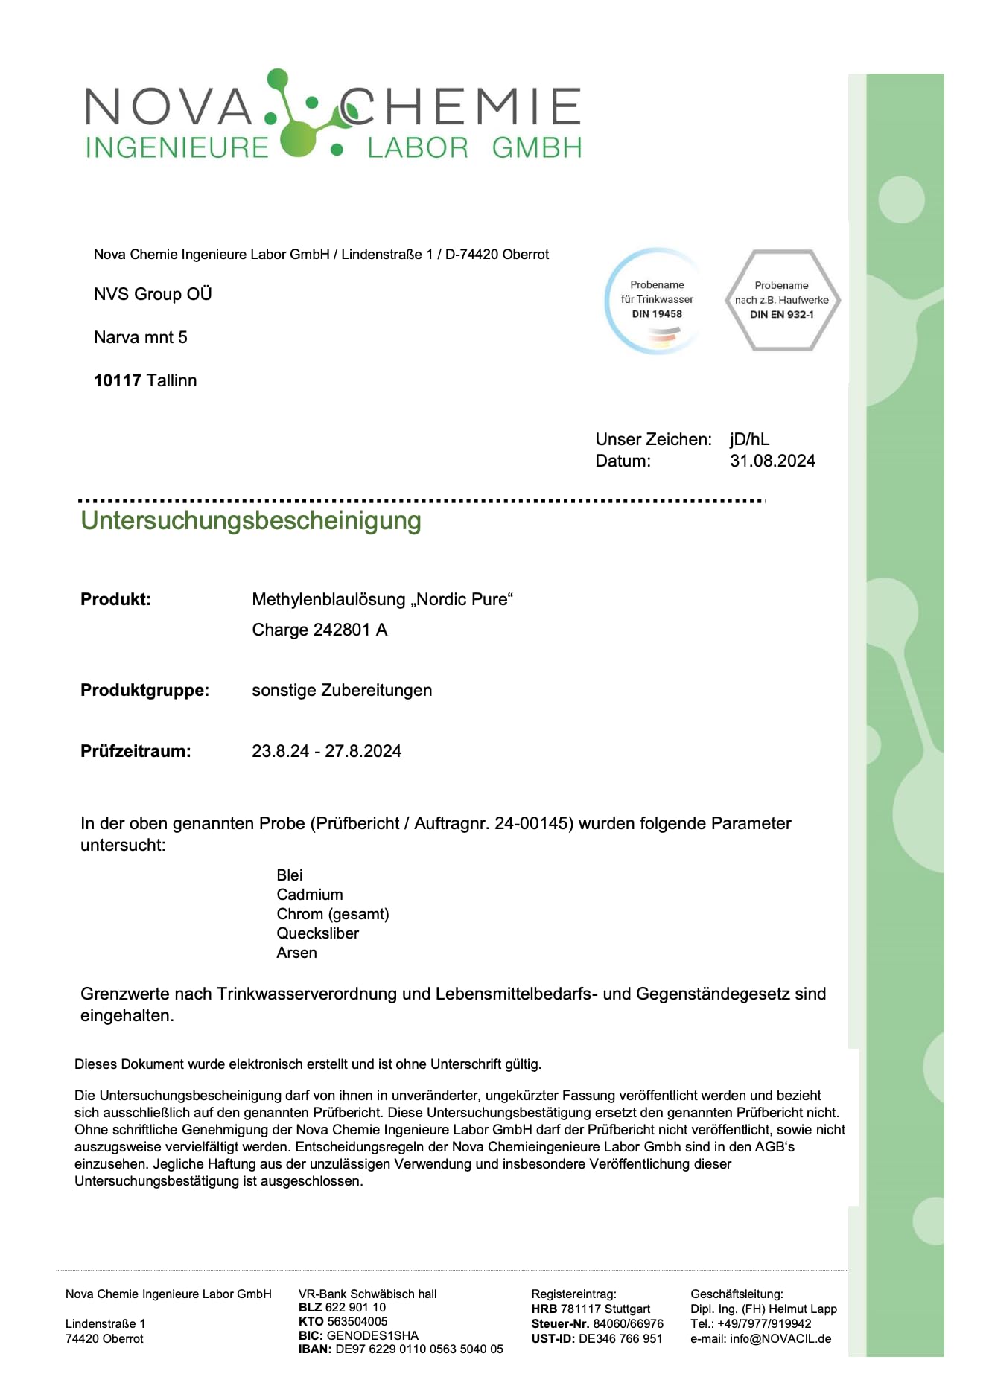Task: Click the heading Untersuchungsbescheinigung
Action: (x=251, y=520)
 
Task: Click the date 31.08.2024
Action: (x=772, y=461)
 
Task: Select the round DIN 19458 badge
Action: (x=656, y=300)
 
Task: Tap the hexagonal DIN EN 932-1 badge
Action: (x=781, y=300)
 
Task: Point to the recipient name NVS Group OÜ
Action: (x=153, y=294)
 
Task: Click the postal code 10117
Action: (x=118, y=380)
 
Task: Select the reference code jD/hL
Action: (x=749, y=439)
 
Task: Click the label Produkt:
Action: (x=115, y=599)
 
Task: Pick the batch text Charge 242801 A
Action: (x=319, y=630)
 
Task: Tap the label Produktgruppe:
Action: (x=144, y=690)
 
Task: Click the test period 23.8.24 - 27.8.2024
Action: (x=326, y=751)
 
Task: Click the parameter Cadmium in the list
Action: (x=310, y=895)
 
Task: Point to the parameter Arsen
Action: (x=296, y=953)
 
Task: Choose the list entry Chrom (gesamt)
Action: (x=333, y=914)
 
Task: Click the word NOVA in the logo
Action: (x=170, y=106)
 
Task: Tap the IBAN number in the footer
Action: (x=419, y=1349)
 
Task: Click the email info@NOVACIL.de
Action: (x=780, y=1338)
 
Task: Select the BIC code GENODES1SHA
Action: (x=372, y=1335)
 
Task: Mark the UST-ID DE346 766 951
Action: (x=620, y=1338)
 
